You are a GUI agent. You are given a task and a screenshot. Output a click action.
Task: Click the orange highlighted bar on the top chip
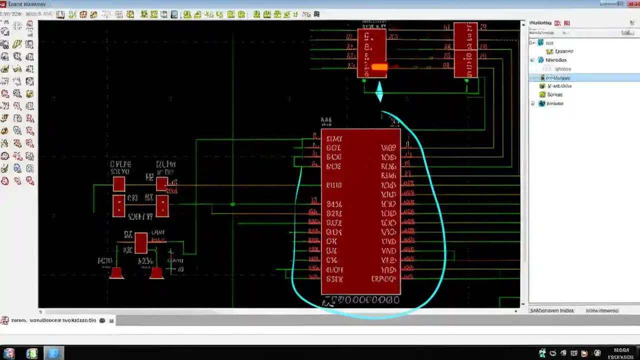(379, 67)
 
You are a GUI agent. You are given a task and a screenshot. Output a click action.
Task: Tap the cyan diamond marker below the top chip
(379, 92)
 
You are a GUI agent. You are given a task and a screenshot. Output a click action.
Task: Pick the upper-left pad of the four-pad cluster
(118, 184)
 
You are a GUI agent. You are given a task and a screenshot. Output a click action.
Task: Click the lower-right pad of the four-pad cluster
(162, 206)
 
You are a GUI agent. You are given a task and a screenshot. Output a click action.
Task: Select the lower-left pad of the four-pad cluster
(118, 206)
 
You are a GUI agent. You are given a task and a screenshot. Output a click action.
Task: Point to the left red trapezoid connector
(117, 273)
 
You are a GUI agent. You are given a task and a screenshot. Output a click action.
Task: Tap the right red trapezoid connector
(156, 273)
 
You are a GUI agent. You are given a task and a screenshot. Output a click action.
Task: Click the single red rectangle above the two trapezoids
(141, 243)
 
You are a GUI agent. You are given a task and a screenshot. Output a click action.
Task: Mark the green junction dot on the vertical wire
(232, 204)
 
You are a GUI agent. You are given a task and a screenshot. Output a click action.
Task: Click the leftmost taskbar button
(8, 353)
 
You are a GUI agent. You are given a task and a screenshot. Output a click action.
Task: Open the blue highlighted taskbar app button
(53, 353)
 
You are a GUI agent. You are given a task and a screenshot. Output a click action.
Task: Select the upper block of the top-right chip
(465, 36)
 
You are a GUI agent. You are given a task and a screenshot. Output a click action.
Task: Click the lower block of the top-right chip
(465, 64)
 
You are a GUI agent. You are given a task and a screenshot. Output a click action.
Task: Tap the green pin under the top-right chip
(466, 80)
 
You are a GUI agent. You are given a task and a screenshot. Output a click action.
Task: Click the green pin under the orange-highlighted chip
(364, 80)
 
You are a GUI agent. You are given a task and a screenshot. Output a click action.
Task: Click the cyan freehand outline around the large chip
(443, 225)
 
